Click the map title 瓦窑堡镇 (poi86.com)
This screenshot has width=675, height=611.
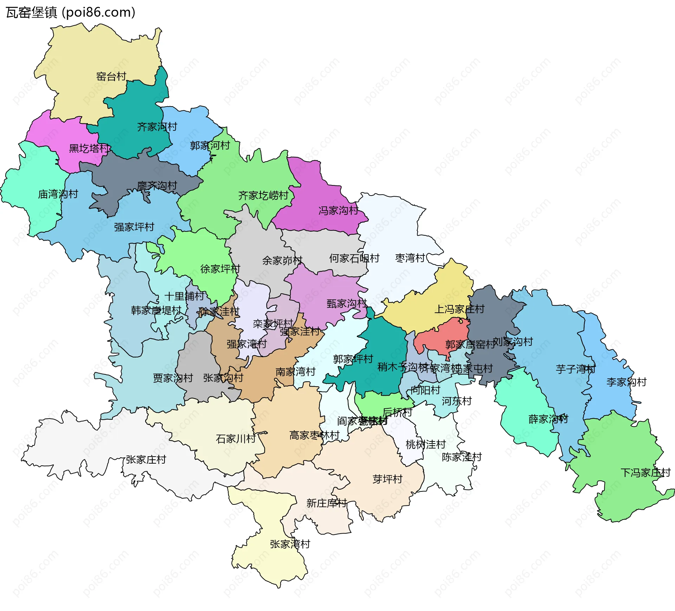70,12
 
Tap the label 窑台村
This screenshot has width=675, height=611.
111,76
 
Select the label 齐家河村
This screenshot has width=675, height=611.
157,127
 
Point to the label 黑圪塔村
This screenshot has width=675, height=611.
89,148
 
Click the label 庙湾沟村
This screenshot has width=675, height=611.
58,194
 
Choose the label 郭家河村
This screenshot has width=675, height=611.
210,145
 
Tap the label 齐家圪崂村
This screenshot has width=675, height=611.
263,195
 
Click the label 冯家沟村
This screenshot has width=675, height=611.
338,210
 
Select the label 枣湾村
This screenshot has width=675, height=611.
410,258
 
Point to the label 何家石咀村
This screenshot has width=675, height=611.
354,258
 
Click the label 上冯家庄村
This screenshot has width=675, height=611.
459,309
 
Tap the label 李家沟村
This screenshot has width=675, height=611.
626,382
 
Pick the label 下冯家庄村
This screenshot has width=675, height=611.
645,472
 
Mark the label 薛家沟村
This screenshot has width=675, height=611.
548,419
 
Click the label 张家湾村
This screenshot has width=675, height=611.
290,544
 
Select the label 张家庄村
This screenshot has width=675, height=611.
146,459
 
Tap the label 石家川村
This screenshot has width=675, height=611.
236,439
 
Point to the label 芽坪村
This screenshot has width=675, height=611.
387,479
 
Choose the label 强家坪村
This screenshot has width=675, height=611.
134,227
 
